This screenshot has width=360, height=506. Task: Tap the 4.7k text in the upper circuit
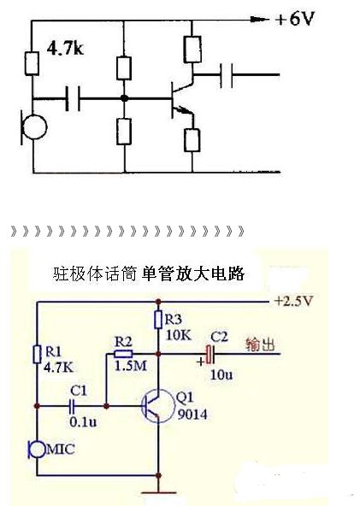click(x=65, y=49)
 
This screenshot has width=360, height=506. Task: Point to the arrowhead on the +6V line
click(x=259, y=20)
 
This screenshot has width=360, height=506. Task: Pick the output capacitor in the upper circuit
click(x=226, y=75)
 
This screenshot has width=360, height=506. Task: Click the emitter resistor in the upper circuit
click(x=192, y=140)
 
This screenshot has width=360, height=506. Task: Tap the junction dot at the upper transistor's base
click(x=124, y=98)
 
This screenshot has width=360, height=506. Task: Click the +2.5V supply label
click(x=293, y=301)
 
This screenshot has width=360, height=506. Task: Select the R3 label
click(x=174, y=320)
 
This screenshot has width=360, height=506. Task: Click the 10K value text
click(x=179, y=335)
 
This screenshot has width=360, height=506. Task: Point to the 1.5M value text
click(x=131, y=366)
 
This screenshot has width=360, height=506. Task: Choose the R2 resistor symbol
click(x=124, y=354)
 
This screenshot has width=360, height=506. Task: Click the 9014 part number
click(x=192, y=415)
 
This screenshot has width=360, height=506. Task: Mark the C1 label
click(x=79, y=391)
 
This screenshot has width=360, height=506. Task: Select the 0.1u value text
click(x=83, y=421)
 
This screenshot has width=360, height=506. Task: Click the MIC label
click(x=61, y=449)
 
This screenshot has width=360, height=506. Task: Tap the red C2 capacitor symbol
click(x=210, y=354)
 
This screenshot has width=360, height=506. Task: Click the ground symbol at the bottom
click(x=158, y=493)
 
